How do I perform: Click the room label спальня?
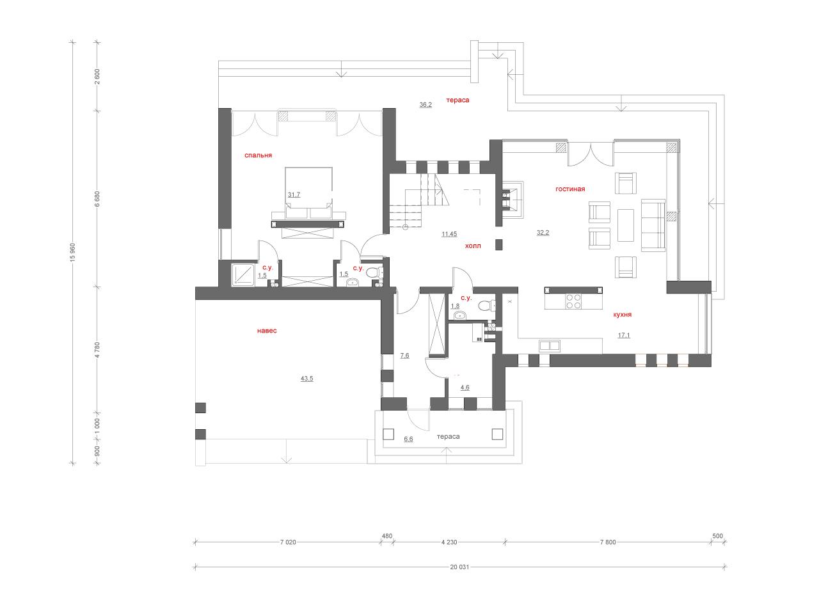tap(258, 155)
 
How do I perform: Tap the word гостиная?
tap(569, 189)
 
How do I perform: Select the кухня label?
tap(622, 314)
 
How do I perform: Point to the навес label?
tap(267, 330)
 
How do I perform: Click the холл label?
tap(473, 246)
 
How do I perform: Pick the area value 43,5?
tap(306, 379)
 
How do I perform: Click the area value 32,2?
tap(543, 233)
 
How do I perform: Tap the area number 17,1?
tap(623, 335)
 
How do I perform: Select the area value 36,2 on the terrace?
tap(425, 105)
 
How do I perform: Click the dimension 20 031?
tap(459, 567)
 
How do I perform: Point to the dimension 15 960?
tap(73, 253)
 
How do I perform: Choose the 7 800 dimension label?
tap(608, 542)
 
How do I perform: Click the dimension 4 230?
tap(449, 542)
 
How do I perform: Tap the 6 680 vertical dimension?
tap(97, 199)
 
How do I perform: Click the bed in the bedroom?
tap(308, 193)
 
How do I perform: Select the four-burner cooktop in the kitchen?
tap(573, 301)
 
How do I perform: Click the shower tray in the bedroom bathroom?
tap(243, 275)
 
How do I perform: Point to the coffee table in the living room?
tap(625, 225)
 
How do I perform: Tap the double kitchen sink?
tap(549, 345)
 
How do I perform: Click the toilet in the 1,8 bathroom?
tap(486, 306)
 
